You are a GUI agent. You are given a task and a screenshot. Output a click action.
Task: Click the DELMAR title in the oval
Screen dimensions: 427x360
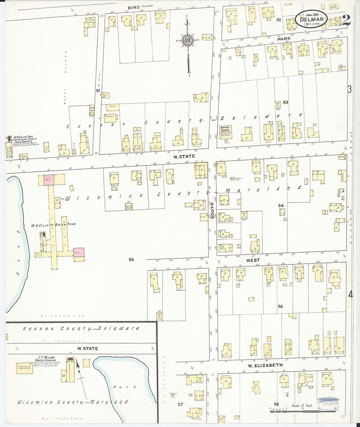pos(311,20)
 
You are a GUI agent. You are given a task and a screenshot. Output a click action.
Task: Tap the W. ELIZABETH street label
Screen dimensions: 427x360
pos(260,365)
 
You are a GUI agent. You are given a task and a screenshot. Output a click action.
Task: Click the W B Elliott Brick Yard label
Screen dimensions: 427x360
pos(53,224)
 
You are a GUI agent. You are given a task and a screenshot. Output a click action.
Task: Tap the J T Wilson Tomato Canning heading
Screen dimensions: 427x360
pos(46,359)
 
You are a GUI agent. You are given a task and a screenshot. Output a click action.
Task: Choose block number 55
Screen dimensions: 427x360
pos(131,259)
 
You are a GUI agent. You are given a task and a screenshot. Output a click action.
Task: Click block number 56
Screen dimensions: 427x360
pos(280,307)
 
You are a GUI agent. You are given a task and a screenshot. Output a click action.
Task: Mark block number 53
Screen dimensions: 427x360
pos(285,102)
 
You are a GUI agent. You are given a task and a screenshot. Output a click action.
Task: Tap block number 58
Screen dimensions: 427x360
pos(277,404)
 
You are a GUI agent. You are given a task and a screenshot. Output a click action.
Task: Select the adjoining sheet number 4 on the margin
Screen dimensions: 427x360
pos(350,294)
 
